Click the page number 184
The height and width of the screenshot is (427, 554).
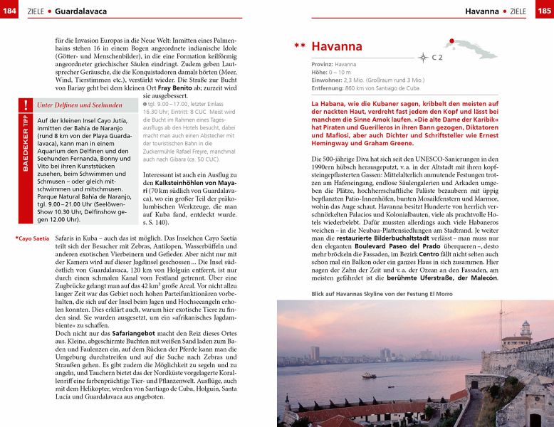click(x=10, y=11)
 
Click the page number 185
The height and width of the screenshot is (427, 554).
click(x=543, y=11)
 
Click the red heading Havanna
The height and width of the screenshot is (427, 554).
click(x=337, y=47)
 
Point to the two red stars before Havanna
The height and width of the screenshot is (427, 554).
click(x=300, y=47)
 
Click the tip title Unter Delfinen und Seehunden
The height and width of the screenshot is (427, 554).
click(x=79, y=105)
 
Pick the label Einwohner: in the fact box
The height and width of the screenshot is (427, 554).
click(x=327, y=80)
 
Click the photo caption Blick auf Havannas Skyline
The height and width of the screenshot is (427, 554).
click(x=382, y=293)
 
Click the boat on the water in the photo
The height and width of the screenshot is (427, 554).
click(x=368, y=374)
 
